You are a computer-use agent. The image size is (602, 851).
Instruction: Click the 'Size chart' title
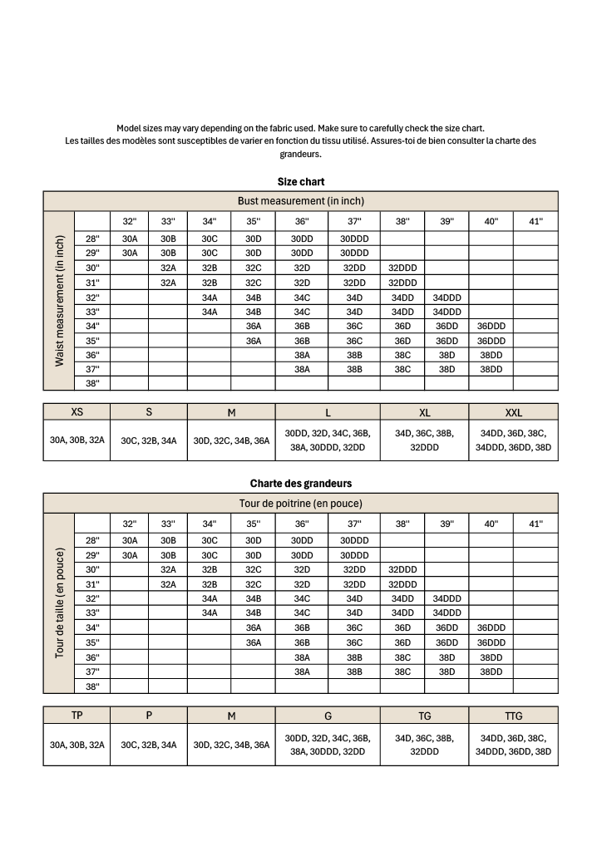tap(301, 181)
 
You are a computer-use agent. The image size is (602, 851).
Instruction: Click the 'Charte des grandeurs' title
tap(301, 483)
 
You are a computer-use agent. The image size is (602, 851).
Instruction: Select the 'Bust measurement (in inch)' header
tap(301, 201)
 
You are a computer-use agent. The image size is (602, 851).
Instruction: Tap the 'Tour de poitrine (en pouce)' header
tap(301, 504)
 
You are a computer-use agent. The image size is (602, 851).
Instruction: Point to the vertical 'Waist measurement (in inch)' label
tap(59, 301)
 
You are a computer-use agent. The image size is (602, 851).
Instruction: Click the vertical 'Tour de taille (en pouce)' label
tap(59, 603)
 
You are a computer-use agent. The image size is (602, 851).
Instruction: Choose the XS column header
tap(76, 412)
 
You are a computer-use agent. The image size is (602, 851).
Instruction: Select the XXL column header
tap(513, 412)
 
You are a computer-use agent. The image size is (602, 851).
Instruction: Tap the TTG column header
tap(513, 716)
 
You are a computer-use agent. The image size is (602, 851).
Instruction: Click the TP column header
tap(76, 716)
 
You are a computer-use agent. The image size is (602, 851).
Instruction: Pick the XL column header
tap(424, 412)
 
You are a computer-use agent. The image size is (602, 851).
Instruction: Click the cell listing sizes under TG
tap(424, 745)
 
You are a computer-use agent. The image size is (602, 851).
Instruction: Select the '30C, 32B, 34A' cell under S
tap(149, 441)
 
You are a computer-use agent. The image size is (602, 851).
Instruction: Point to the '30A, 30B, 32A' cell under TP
tap(76, 745)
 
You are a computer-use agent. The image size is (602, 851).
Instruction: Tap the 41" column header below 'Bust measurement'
tap(535, 221)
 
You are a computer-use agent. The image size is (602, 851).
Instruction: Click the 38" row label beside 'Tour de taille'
tap(92, 686)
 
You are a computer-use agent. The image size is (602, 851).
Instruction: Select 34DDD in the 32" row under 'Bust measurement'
tap(447, 297)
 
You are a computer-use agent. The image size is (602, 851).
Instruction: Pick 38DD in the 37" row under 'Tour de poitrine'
tap(491, 671)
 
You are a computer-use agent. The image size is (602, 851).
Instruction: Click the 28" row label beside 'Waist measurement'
tap(92, 239)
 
